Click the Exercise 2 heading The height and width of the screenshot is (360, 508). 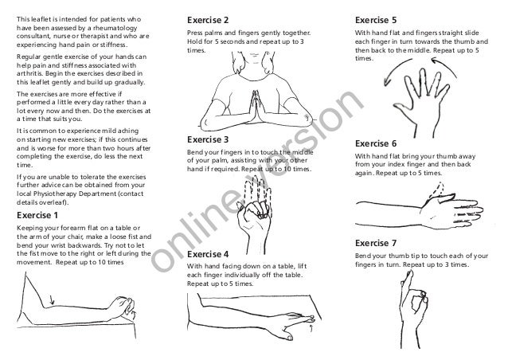(x=207, y=18)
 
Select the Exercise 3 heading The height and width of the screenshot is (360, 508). (x=207, y=138)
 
